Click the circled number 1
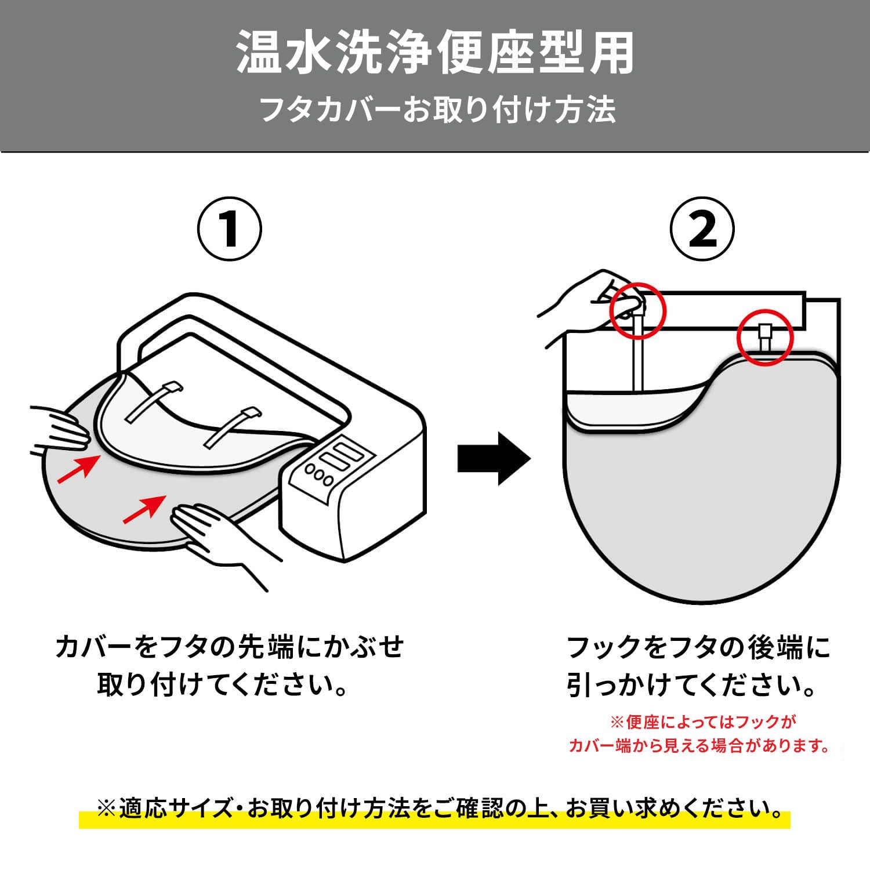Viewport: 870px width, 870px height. tap(230, 229)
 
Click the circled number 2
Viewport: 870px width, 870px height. tap(702, 229)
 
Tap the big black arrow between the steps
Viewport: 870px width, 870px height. tap(494, 458)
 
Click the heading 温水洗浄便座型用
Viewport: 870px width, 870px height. tap(435, 53)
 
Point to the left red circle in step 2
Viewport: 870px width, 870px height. tap(637, 310)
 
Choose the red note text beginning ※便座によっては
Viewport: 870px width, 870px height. tap(700, 734)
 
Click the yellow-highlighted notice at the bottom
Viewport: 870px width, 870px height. tap(435, 809)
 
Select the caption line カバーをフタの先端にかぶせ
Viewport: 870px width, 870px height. tap(229, 647)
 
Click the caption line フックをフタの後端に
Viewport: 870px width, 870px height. tap(699, 648)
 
